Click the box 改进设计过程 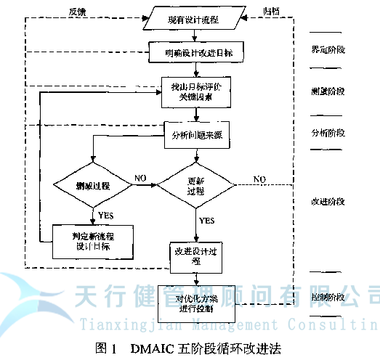click(196, 254)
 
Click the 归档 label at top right click(270, 11)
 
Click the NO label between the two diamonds click(140, 177)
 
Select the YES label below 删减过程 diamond click(105, 215)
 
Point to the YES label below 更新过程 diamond click(206, 220)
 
